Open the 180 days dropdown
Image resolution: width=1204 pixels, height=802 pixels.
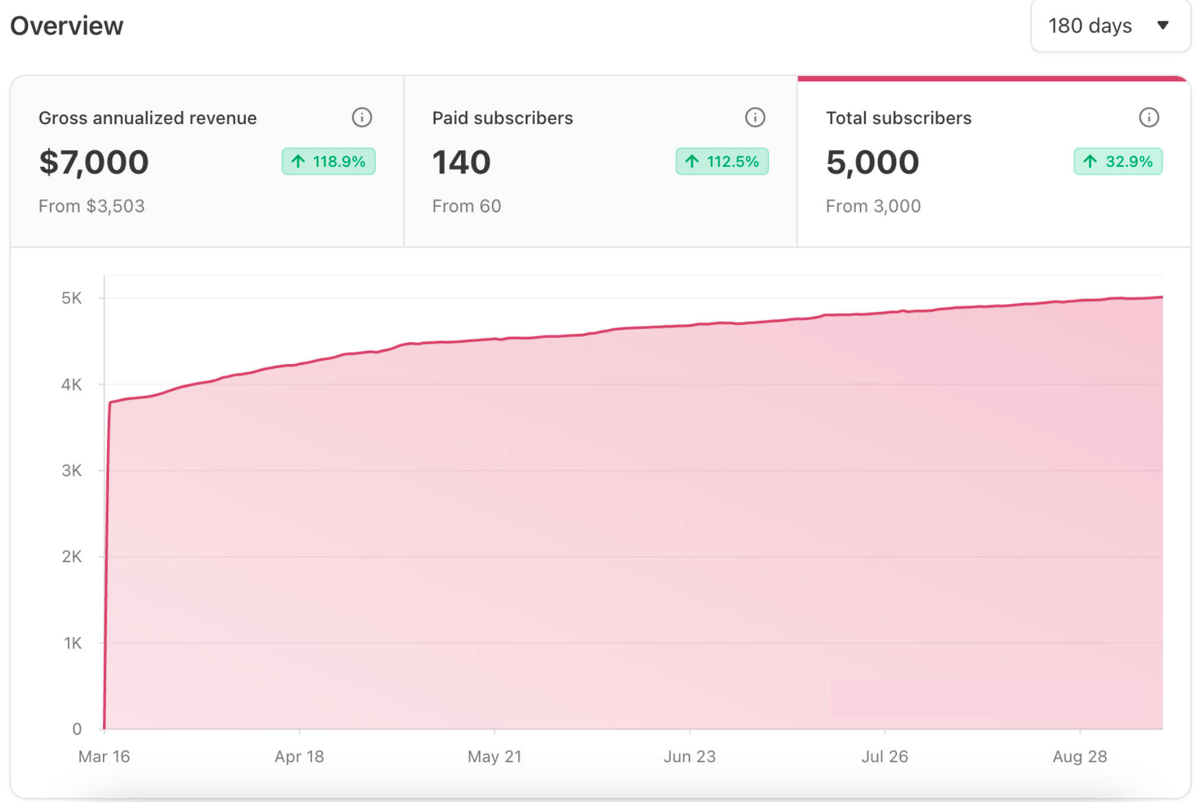point(1110,26)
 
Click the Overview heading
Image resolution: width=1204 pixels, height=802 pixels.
point(67,26)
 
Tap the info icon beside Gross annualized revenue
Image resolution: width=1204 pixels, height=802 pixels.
point(361,118)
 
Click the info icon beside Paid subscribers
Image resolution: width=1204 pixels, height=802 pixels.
point(755,118)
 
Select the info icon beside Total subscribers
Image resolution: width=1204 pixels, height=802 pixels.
point(1148,118)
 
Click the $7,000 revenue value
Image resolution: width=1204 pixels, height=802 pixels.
point(94,162)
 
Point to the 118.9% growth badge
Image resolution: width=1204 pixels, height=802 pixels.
point(328,162)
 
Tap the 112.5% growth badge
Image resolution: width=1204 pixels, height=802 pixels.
point(721,162)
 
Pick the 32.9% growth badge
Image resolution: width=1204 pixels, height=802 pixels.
point(1117,162)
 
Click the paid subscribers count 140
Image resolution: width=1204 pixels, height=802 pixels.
point(461,162)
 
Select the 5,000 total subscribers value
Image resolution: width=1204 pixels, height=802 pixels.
point(872,162)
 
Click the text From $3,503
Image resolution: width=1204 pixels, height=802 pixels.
point(92,206)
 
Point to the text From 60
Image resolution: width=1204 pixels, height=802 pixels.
point(467,206)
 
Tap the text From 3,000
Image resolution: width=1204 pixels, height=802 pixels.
point(873,206)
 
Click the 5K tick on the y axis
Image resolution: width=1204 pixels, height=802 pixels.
point(72,298)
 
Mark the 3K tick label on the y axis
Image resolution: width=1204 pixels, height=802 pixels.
point(72,471)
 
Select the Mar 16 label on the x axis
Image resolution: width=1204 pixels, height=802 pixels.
point(104,756)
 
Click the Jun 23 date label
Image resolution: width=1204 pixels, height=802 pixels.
point(689,756)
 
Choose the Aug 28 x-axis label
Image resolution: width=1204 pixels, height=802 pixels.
point(1079,756)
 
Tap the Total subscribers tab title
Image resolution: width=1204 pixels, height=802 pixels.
point(899,118)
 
